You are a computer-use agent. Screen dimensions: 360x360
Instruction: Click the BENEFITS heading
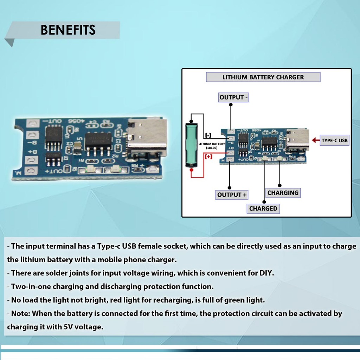(68, 30)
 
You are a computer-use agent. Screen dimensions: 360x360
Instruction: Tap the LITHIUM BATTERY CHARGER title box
(263, 77)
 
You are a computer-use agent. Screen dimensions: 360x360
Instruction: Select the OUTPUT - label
(233, 97)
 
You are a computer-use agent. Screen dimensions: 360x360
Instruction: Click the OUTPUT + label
(232, 194)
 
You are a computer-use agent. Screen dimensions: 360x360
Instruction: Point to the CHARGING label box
(283, 193)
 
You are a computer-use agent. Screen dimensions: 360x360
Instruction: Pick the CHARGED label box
(263, 208)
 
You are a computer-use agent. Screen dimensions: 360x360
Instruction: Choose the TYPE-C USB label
(334, 141)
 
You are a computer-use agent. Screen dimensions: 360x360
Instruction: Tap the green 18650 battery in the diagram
(192, 144)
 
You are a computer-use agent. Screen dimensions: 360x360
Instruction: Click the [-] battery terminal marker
(208, 135)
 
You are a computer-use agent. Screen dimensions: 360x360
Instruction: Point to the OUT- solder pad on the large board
(32, 123)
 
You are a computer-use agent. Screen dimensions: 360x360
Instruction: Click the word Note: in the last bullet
(21, 314)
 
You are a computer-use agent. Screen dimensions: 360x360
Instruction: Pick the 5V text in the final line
(68, 327)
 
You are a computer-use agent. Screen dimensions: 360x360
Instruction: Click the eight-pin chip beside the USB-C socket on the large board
(99, 141)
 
